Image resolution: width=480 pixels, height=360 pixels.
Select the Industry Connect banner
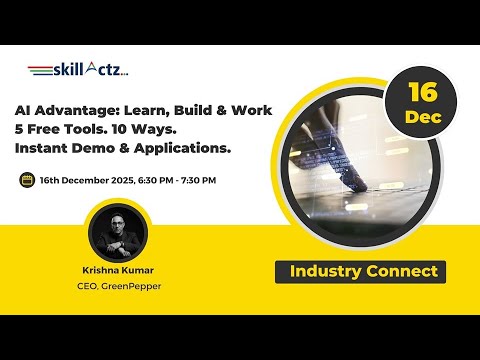click(362, 271)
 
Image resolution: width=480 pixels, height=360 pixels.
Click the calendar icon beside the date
click(27, 180)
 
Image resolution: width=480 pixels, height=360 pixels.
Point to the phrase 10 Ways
click(141, 129)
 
